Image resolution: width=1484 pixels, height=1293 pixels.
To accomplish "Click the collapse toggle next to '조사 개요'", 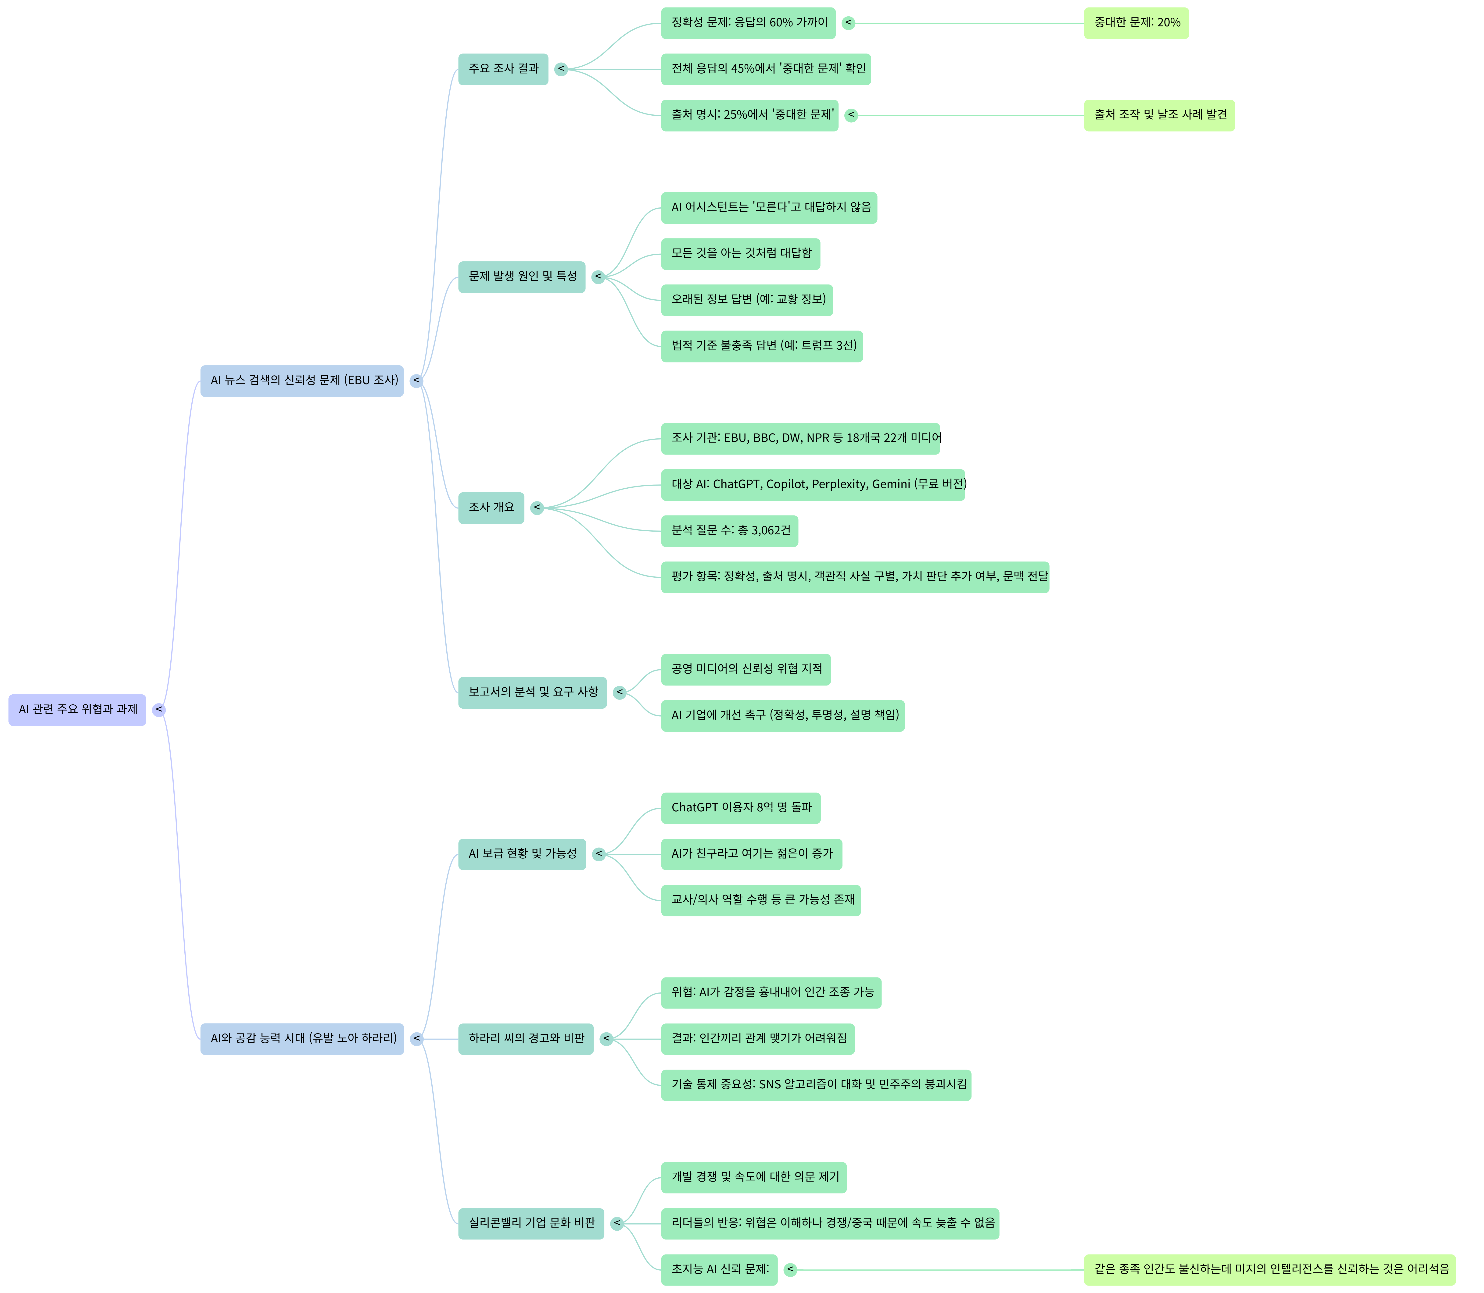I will pyautogui.click(x=537, y=508).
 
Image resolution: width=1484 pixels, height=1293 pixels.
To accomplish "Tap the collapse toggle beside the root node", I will pyautogui.click(x=159, y=710).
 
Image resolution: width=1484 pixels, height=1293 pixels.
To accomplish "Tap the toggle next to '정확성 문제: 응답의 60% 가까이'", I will pyautogui.click(x=849, y=23).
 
